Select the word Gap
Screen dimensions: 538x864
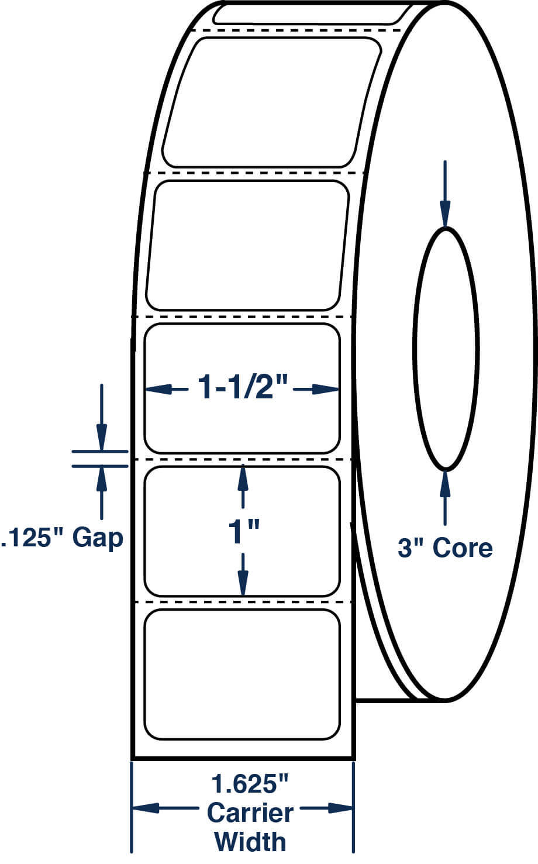(98, 539)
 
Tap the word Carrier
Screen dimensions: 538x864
(250, 812)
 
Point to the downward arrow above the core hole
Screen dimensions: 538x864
(446, 194)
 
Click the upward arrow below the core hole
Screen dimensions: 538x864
(446, 498)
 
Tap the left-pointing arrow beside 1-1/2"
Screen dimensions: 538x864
(167, 389)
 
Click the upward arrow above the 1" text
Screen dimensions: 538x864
(243, 486)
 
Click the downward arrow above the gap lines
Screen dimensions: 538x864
(101, 417)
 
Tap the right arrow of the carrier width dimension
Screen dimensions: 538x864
(327, 808)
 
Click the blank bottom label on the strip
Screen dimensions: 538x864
(242, 674)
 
